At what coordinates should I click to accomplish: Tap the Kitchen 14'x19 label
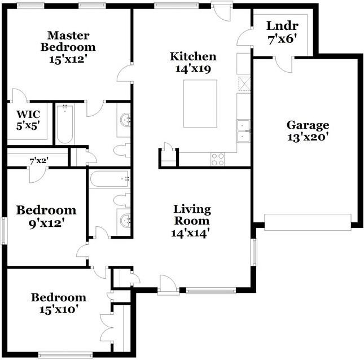[193, 62]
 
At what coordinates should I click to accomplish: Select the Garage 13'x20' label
[308, 130]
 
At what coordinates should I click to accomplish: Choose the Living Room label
[192, 221]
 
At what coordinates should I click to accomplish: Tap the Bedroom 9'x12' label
[46, 216]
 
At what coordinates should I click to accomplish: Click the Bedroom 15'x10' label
[58, 303]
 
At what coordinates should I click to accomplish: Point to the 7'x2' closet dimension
[38, 161]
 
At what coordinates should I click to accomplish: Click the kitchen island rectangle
[200, 105]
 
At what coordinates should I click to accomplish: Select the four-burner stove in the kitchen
[217, 159]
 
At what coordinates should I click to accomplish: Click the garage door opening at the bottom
[308, 222]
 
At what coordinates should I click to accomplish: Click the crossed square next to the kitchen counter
[244, 84]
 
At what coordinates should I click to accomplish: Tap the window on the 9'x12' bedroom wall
[5, 231]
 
